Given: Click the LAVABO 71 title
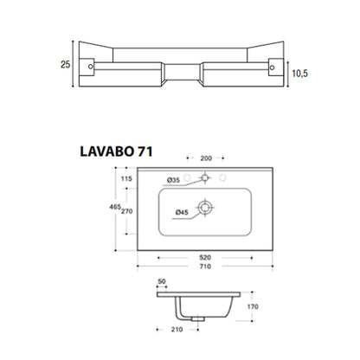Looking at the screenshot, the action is pos(116,151).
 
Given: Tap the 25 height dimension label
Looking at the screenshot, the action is pos(66,64).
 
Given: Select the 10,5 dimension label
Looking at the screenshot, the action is pos(300,74).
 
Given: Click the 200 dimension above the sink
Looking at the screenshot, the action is pos(206,158).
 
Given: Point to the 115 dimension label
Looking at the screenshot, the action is pos(126,178).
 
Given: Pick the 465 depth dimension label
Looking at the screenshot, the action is pos(115,207).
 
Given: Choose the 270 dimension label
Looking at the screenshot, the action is pos(127,211).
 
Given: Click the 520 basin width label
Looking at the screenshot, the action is pos(205,257).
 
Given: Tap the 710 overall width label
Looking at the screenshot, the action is pos(205,267).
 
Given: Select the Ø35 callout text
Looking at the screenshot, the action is pos(173,180).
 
